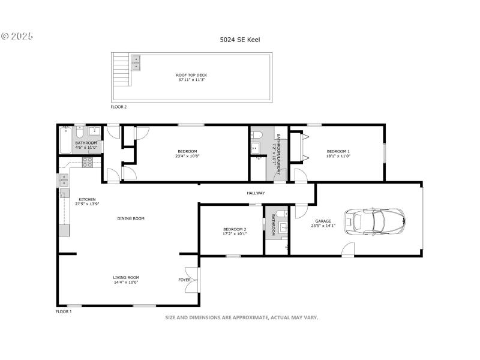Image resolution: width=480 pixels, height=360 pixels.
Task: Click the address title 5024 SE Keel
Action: [x=239, y=40]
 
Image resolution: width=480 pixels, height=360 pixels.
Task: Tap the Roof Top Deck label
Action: [x=191, y=75]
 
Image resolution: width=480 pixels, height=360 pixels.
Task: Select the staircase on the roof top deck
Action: [x=122, y=70]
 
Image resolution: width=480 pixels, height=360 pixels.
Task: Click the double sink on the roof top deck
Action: [x=136, y=62]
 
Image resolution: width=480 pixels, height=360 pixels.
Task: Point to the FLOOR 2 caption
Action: [x=118, y=107]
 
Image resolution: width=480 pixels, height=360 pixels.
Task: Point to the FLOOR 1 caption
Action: [x=64, y=312]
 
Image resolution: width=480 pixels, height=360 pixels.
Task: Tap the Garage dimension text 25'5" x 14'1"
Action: [x=323, y=226]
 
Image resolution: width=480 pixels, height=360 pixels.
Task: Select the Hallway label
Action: [x=256, y=193]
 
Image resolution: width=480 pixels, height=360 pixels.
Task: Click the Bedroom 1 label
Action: [x=337, y=151]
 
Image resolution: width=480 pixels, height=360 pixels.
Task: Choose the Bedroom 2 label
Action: [x=235, y=229]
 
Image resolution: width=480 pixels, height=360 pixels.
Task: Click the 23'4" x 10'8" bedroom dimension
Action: [x=187, y=156]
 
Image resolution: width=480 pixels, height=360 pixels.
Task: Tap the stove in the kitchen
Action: [x=87, y=161]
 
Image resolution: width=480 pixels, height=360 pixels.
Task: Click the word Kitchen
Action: [x=87, y=199]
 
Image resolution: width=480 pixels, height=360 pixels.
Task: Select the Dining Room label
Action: [x=131, y=218]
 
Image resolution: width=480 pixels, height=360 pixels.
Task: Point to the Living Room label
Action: [x=126, y=277]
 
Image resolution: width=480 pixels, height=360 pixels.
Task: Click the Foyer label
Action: [x=184, y=280]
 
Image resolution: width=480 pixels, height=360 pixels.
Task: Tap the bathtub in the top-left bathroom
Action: [x=66, y=140]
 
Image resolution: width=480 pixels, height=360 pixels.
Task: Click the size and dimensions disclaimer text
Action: [x=242, y=317]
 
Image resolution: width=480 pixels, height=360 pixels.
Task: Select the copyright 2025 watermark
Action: [x=17, y=37]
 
